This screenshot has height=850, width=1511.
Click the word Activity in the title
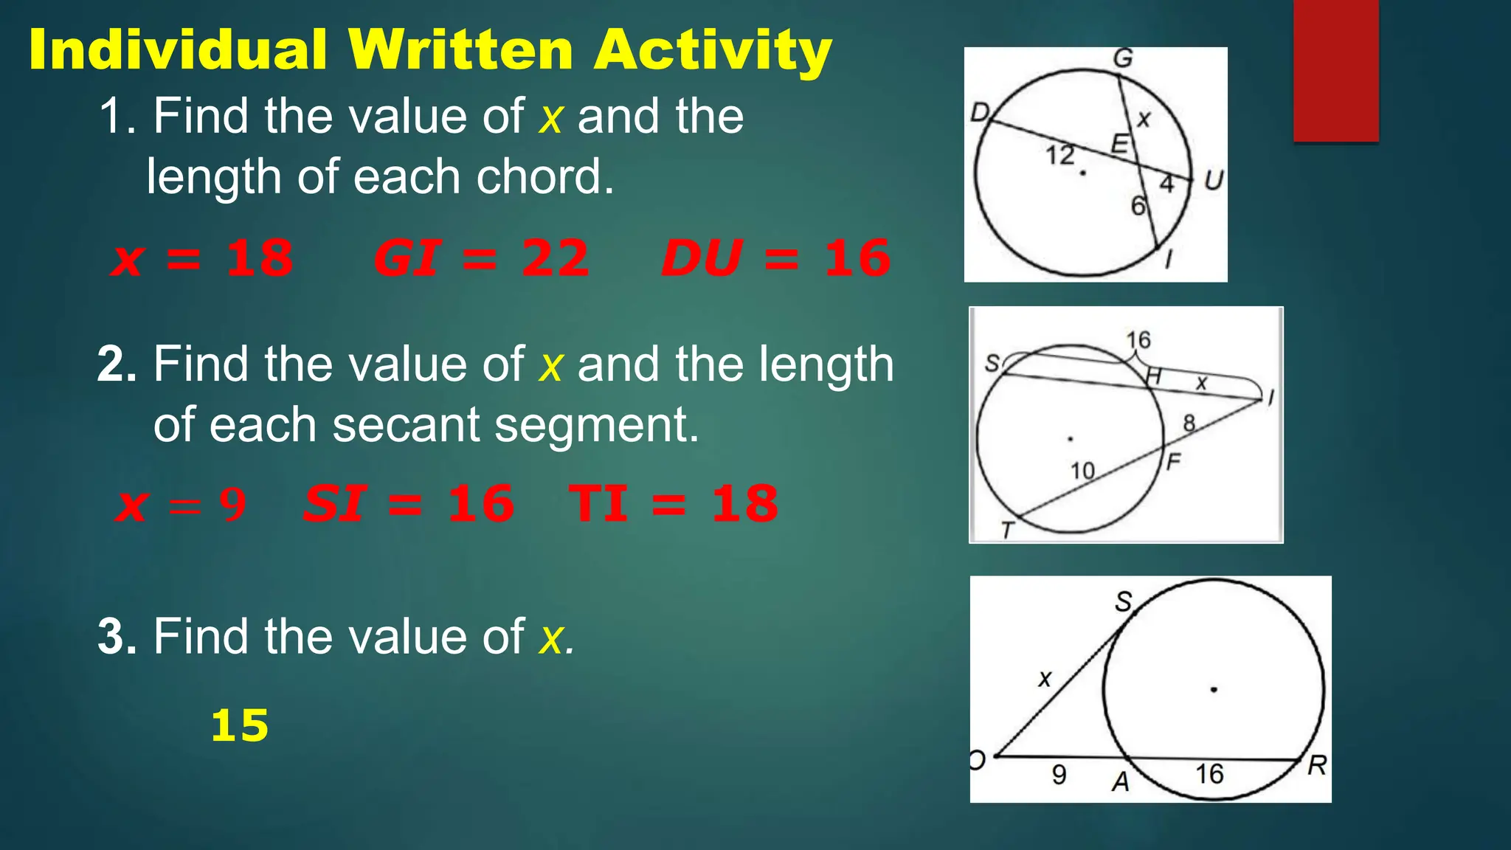(713, 50)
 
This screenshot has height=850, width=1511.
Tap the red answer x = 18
(202, 258)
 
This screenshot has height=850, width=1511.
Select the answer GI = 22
(481, 258)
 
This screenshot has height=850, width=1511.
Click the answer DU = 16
(776, 258)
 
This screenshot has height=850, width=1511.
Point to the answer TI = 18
(673, 504)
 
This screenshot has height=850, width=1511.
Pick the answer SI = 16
(408, 504)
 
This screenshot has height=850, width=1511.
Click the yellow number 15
(240, 725)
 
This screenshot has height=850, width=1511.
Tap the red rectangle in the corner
(1335, 70)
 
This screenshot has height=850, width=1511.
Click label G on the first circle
(1122, 58)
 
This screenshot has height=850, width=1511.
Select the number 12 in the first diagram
(1059, 155)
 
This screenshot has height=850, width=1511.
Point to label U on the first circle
(1213, 180)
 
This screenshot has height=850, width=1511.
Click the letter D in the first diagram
(980, 113)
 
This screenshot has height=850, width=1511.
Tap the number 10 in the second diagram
(1082, 471)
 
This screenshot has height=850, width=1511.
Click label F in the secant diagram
(1173, 462)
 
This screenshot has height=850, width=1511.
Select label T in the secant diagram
(1007, 529)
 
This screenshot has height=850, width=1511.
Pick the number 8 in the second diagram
(1189, 423)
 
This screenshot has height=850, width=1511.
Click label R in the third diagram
(1316, 766)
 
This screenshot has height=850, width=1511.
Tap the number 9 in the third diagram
(1059, 774)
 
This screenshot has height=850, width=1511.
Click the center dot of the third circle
(1214, 690)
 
